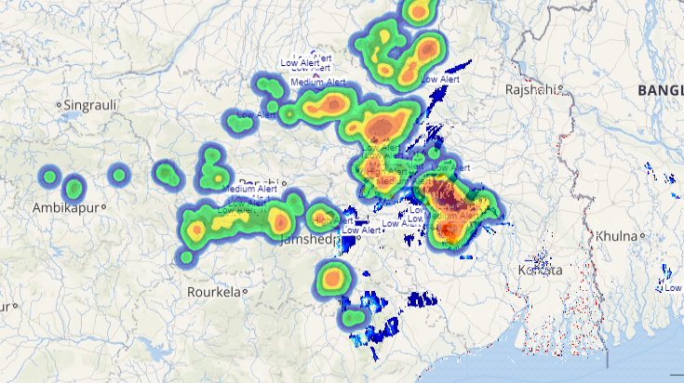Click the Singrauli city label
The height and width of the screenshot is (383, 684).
click(90, 105)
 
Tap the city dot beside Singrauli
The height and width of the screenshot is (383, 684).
click(59, 105)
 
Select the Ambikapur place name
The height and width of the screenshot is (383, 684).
click(66, 206)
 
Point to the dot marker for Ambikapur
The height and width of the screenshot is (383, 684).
click(104, 206)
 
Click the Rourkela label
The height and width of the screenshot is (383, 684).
click(213, 291)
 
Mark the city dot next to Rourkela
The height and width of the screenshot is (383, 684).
click(245, 291)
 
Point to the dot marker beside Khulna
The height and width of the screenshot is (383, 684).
click(642, 235)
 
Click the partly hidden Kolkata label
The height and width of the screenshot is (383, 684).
click(540, 270)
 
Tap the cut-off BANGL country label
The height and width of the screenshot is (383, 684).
click(660, 89)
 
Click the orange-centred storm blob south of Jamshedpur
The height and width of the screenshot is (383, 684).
click(332, 277)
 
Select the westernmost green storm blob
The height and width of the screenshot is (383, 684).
click(49, 175)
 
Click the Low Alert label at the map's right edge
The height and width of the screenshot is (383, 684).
click(674, 287)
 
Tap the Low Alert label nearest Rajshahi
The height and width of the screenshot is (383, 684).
click(441, 80)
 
